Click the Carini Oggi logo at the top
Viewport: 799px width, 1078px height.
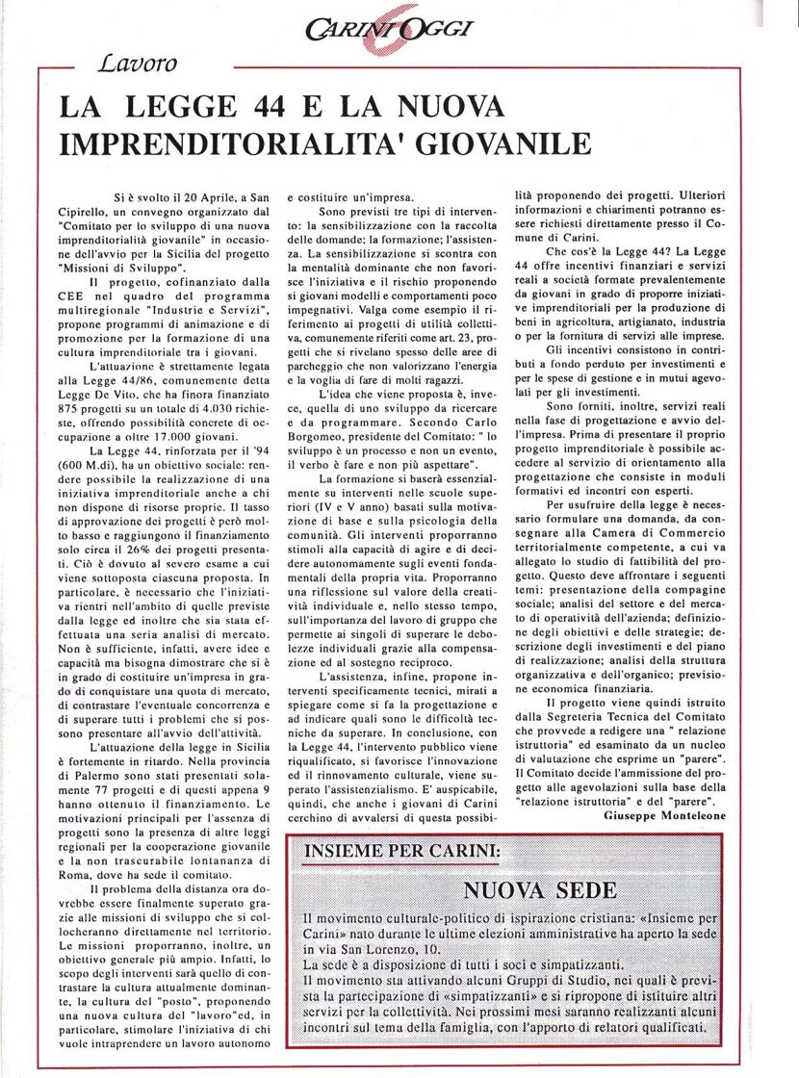(x=401, y=30)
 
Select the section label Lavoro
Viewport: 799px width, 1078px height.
(x=138, y=64)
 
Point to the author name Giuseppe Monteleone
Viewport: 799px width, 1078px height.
(x=664, y=813)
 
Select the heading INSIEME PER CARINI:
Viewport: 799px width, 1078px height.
(x=402, y=851)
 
